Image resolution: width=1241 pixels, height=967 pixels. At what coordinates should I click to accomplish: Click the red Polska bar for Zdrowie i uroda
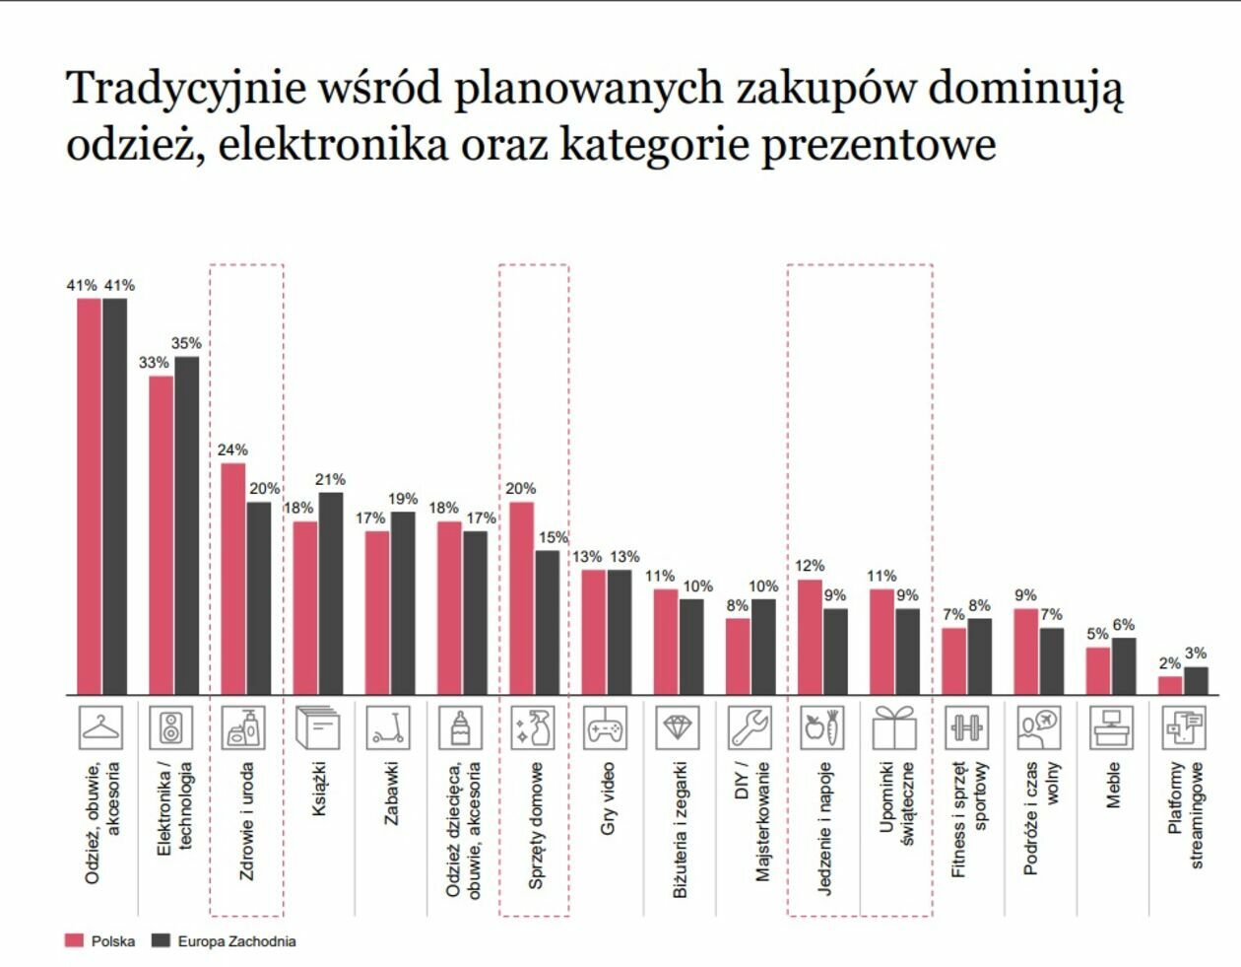pyautogui.click(x=232, y=579)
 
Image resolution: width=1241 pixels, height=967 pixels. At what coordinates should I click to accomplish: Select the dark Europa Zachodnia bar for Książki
pyautogui.click(x=331, y=593)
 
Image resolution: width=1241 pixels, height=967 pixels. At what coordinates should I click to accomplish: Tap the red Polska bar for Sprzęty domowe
pyautogui.click(x=521, y=598)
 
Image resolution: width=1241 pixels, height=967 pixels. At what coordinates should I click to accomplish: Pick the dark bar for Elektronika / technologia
pyautogui.click(x=186, y=525)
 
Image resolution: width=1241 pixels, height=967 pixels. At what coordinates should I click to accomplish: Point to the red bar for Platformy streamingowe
pyautogui.click(x=1170, y=685)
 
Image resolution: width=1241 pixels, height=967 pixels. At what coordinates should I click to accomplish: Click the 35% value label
pyautogui.click(x=186, y=343)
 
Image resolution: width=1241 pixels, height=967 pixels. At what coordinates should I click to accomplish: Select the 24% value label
pyautogui.click(x=232, y=449)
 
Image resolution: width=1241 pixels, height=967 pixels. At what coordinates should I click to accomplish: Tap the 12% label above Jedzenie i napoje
pyautogui.click(x=810, y=566)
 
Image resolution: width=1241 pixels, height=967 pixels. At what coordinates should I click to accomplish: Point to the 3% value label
pyautogui.click(x=1196, y=653)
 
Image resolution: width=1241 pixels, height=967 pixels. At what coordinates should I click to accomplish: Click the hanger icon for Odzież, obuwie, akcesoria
pyautogui.click(x=102, y=727)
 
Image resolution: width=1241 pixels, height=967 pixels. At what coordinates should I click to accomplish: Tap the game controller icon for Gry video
pyautogui.click(x=605, y=728)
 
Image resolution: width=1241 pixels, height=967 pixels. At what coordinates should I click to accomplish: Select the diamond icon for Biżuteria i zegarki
pyautogui.click(x=678, y=727)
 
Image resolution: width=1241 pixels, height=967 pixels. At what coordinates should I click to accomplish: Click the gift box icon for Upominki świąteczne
pyautogui.click(x=894, y=727)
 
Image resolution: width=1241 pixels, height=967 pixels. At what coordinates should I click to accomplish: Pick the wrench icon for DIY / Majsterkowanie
pyautogui.click(x=750, y=727)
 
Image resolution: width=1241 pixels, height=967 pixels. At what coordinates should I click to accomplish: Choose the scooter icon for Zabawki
pyautogui.click(x=388, y=727)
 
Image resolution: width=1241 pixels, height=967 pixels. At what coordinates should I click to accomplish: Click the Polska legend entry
pyautogui.click(x=100, y=941)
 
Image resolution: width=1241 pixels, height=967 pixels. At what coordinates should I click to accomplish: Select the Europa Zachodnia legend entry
pyautogui.click(x=224, y=941)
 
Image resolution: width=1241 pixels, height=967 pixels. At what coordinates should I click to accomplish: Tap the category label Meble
pyautogui.click(x=1112, y=785)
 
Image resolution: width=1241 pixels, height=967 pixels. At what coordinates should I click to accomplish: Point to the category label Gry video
pyautogui.click(x=607, y=798)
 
